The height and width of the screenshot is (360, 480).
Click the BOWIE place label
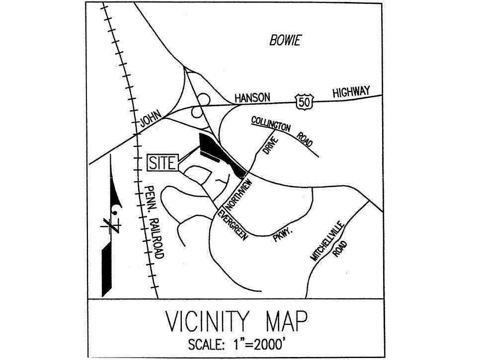pos(285,41)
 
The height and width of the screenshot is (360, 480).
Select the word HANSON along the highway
pos(252,98)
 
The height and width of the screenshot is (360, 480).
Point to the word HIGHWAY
pos(351,92)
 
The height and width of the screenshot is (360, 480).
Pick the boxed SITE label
pos(162,163)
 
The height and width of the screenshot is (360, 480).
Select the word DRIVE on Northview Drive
pos(269,146)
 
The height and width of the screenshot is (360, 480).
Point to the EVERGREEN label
pos(232,226)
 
